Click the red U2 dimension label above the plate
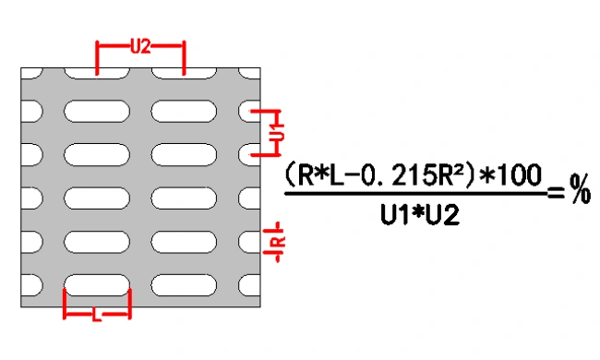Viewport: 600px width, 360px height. (140, 47)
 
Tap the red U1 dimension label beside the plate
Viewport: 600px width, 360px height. (279, 132)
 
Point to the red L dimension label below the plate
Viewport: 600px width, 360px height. (97, 316)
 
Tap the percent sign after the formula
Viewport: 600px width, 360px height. (580, 188)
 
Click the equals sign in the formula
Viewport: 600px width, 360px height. (556, 192)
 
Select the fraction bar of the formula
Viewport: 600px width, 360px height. (415, 194)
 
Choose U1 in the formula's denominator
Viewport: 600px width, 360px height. (392, 215)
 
